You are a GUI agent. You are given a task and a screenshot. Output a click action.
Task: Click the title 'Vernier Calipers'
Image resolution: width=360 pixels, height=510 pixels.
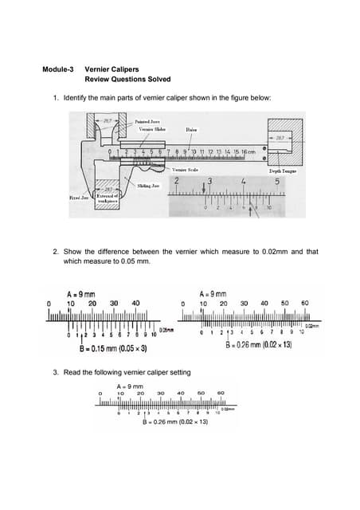[x=109, y=70]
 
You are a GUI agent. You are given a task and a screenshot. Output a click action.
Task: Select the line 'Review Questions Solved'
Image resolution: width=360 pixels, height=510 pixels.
[x=127, y=80]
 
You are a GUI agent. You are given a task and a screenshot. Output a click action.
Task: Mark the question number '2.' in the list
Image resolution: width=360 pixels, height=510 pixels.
[x=56, y=251]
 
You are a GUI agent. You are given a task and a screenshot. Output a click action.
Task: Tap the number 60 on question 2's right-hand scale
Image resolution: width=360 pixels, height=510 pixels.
[x=303, y=303]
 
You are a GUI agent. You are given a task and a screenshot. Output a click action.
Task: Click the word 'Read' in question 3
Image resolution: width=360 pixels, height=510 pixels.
[x=74, y=372]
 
